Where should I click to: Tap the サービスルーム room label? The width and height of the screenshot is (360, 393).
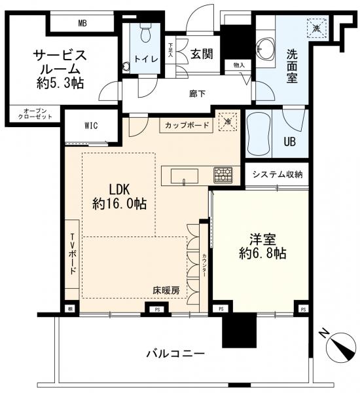(x=59, y=68)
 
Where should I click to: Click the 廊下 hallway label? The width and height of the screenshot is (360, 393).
(x=197, y=94)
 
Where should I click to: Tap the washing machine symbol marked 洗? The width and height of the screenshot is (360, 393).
(x=317, y=28)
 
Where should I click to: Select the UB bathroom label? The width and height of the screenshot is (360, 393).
(x=289, y=140)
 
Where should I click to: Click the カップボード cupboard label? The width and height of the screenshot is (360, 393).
(x=187, y=124)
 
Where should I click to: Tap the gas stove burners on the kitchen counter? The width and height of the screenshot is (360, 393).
(x=223, y=175)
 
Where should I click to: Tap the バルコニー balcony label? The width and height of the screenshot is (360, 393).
(x=175, y=354)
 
